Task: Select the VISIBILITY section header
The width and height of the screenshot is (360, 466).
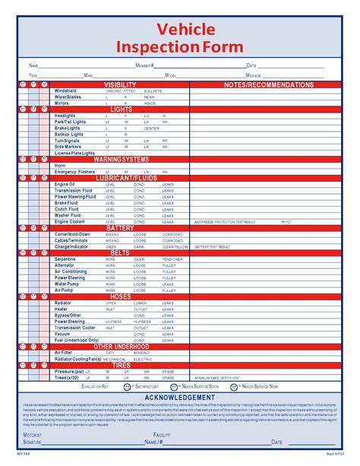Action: [120, 84]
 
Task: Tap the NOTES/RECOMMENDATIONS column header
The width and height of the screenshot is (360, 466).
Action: [269, 84]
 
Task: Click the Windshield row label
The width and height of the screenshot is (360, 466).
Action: [65, 91]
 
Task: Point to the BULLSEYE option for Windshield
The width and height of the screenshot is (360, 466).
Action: [153, 91]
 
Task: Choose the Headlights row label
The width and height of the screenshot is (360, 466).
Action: [65, 116]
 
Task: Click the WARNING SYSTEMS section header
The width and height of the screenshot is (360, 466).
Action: [121, 160]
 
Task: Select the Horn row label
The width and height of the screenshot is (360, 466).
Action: [60, 166]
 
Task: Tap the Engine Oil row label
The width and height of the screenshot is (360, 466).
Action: [65, 185]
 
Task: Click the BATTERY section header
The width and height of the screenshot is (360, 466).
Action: [120, 228]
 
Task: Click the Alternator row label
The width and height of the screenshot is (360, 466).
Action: [65, 265]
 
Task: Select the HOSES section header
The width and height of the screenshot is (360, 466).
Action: [120, 296]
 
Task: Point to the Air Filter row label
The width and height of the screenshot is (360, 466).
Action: [64, 353]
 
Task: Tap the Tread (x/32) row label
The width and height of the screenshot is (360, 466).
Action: [67, 377]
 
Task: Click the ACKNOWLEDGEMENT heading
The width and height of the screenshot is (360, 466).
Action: [179, 398]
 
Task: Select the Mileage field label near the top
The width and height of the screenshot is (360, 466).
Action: [254, 76]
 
